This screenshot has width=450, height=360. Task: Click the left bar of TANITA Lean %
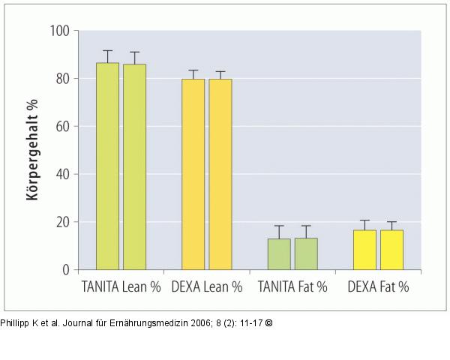point(107,166)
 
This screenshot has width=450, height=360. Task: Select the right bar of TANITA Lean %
point(134,166)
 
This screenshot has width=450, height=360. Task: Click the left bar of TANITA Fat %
point(279,254)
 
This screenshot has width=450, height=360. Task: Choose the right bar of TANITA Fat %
point(306,253)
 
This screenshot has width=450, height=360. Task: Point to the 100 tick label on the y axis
point(60,31)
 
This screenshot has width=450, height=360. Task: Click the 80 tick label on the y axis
point(63,79)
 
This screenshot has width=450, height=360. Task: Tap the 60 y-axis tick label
point(63,126)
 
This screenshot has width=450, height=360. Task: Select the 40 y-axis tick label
point(63,174)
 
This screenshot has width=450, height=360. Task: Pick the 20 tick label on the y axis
point(63,222)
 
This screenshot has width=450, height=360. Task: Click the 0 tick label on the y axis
point(66,270)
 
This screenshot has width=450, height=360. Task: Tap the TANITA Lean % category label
point(120,287)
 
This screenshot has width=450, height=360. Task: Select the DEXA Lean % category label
point(207,287)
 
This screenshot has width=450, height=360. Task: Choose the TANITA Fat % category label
point(292,287)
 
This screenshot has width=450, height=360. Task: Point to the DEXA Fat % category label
point(378,287)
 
